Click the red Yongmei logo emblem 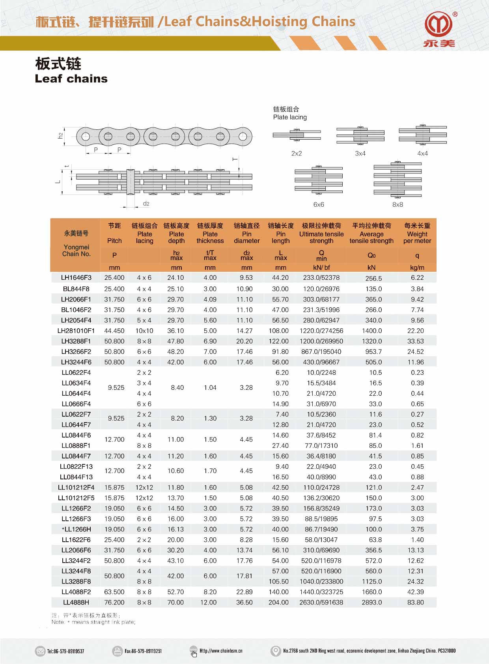coord(439,24)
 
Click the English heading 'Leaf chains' coord(71,79)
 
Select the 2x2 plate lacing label coord(297,153)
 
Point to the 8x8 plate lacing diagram coord(398,180)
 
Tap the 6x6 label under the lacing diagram coord(319,204)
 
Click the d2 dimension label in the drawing coord(146,204)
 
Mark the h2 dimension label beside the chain coord(60,135)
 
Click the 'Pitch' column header coord(114,241)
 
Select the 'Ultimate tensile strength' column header coord(321,237)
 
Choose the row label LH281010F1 coord(76,331)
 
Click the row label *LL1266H coord(76,529)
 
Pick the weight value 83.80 coord(416,602)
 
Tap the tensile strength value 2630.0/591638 coord(321,602)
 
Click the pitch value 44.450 coord(114,331)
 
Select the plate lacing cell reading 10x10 coord(144,331)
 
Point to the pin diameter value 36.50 coord(244,602)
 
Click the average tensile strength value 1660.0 coord(372,592)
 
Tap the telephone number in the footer coord(65,651)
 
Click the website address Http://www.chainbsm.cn coord(221,651)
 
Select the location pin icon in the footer coord(276,651)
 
